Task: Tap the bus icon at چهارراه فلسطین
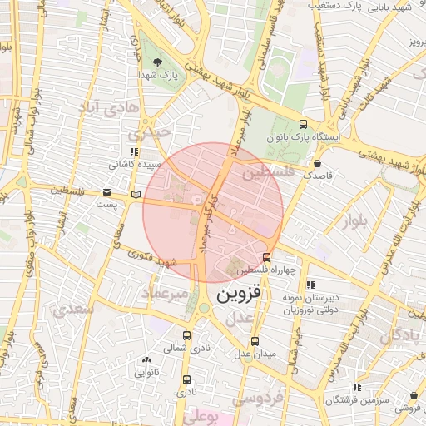point(266,257)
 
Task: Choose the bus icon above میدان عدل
point(255,340)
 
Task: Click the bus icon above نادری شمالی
point(186,336)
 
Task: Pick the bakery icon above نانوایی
point(147,359)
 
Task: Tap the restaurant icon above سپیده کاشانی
point(133,151)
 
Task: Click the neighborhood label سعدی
point(75,310)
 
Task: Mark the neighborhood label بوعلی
point(203,416)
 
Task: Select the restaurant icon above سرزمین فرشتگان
point(357,387)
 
